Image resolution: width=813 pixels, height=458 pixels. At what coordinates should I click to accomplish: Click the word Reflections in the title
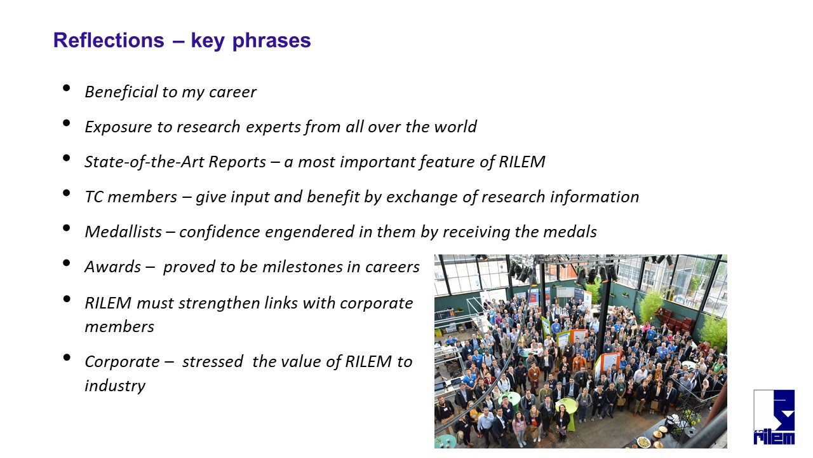point(109,40)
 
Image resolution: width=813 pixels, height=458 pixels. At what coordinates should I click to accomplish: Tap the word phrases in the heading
point(271,42)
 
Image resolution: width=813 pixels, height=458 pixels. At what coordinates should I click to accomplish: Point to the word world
point(455,127)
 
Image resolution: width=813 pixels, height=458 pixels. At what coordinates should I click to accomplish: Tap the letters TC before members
point(94,197)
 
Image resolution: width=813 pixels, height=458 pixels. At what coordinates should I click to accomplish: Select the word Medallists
point(123,232)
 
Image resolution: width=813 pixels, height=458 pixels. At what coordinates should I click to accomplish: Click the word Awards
point(113,267)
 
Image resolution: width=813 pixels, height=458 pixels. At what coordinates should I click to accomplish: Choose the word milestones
point(302,267)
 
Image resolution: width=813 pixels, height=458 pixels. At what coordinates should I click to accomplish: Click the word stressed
point(213,362)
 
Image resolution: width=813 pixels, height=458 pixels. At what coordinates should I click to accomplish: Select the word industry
point(115,386)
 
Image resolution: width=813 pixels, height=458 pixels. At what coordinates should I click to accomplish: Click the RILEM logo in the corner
point(774,417)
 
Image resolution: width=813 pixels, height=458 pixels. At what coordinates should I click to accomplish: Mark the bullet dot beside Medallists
point(67,228)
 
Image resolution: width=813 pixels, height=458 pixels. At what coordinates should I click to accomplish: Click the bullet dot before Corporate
point(67,357)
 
